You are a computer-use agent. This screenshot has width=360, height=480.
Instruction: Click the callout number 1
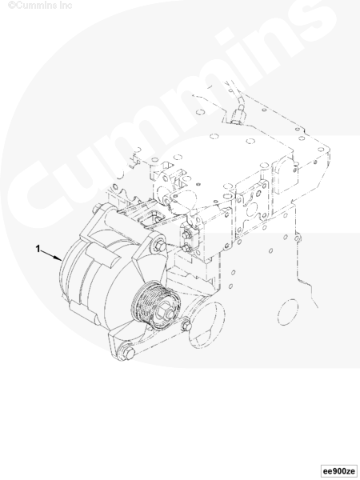coord(38,249)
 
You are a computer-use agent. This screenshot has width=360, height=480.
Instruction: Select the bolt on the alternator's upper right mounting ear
coord(159,246)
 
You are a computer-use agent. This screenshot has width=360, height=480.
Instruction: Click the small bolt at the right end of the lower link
coord(186,326)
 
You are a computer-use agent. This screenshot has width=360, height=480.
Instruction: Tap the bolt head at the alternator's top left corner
coord(96,210)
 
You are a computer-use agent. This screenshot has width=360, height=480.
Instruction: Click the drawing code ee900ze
coord(340,470)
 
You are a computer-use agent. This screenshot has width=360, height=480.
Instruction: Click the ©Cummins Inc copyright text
coord(40,6)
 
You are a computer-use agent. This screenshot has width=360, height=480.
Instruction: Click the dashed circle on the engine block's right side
coord(288,312)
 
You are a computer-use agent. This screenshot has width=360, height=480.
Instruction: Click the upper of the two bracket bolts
coord(186,234)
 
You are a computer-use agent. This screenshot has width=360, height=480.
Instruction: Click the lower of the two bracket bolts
coord(186,248)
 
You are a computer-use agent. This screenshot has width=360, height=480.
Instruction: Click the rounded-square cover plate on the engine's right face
coord(285,174)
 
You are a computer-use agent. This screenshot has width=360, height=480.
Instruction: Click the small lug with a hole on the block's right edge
coord(297,238)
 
